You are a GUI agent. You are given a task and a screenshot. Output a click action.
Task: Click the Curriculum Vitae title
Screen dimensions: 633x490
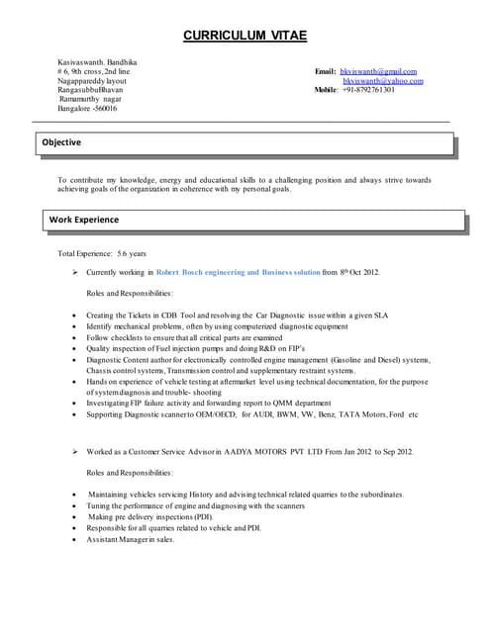click(245, 37)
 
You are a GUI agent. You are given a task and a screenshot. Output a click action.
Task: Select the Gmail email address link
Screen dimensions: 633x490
click(378, 72)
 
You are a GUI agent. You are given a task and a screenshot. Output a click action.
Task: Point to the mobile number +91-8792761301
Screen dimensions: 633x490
click(368, 90)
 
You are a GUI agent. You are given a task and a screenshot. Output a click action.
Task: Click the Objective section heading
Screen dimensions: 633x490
click(62, 143)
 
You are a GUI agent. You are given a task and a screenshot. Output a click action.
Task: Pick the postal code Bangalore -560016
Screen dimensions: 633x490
click(87, 108)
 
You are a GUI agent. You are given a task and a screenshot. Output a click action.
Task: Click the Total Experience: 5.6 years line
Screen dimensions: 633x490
click(103, 254)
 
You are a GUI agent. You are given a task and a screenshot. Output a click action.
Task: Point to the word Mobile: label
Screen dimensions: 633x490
click(327, 90)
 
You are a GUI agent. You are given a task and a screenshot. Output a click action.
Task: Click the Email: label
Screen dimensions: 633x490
click(326, 72)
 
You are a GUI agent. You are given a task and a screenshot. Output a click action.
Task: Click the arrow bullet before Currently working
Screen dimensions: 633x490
click(76, 272)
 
